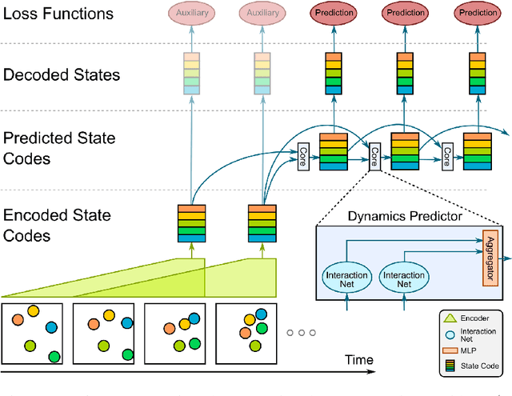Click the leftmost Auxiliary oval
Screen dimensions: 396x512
191,14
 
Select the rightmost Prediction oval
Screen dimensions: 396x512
476,14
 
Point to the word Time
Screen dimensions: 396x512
358,360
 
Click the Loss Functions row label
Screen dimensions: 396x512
58,14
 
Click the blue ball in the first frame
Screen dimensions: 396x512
52,326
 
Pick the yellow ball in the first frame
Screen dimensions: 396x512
33,311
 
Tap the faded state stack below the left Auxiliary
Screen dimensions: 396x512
191,74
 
